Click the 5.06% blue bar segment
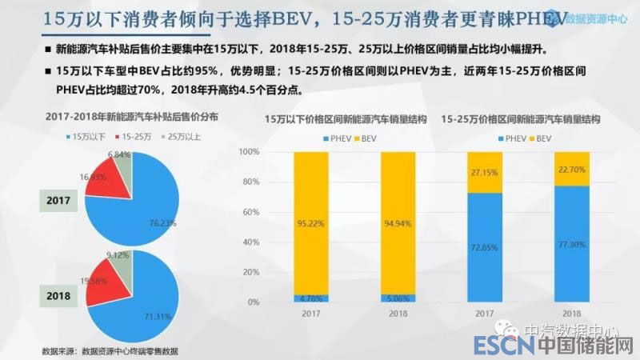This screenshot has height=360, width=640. pyautogui.click(x=397, y=298)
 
